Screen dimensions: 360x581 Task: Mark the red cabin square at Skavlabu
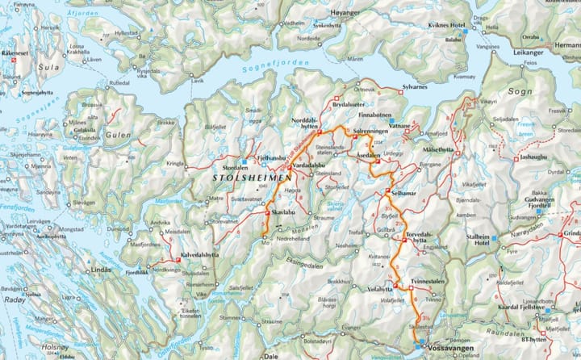tap(267, 212)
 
